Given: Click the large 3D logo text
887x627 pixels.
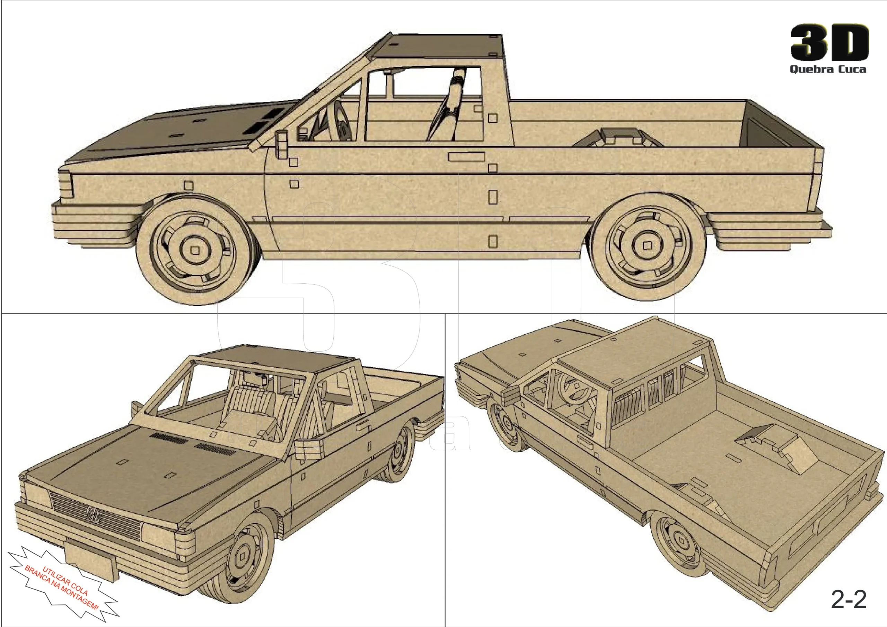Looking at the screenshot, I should tap(829, 43).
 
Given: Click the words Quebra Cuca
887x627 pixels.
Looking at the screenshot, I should tap(827, 70).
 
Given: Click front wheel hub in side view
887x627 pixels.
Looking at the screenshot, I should tap(195, 250).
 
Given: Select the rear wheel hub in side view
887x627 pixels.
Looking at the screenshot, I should tap(648, 246).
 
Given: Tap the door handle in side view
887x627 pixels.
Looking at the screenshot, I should tap(466, 157).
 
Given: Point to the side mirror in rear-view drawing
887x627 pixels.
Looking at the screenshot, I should tap(511, 395).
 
